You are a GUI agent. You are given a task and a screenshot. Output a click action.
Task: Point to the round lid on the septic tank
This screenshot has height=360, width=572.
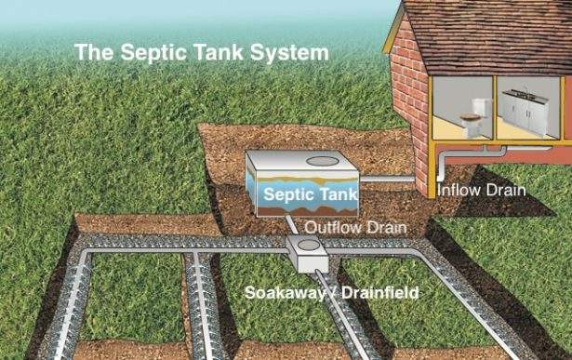(323, 161)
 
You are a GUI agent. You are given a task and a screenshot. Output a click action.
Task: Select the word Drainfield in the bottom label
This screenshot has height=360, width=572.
(378, 293)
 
